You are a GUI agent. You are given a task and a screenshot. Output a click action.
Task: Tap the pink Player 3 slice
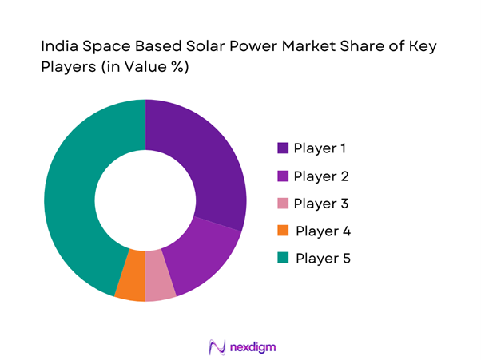[160, 286]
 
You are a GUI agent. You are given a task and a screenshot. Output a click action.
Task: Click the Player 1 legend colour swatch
[283, 148]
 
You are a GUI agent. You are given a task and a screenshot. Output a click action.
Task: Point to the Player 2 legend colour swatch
[283, 176]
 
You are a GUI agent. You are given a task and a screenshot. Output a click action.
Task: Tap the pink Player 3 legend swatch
[283, 204]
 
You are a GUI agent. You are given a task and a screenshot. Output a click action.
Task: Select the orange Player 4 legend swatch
[283, 231]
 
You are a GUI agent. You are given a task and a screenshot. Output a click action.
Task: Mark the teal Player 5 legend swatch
[283, 259]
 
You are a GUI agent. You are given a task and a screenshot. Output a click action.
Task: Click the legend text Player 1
[320, 148]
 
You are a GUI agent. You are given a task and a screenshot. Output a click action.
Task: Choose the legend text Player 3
[321, 204]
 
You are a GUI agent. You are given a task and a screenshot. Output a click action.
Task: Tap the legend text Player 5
[323, 259]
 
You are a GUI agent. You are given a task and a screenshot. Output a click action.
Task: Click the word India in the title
[57, 48]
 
